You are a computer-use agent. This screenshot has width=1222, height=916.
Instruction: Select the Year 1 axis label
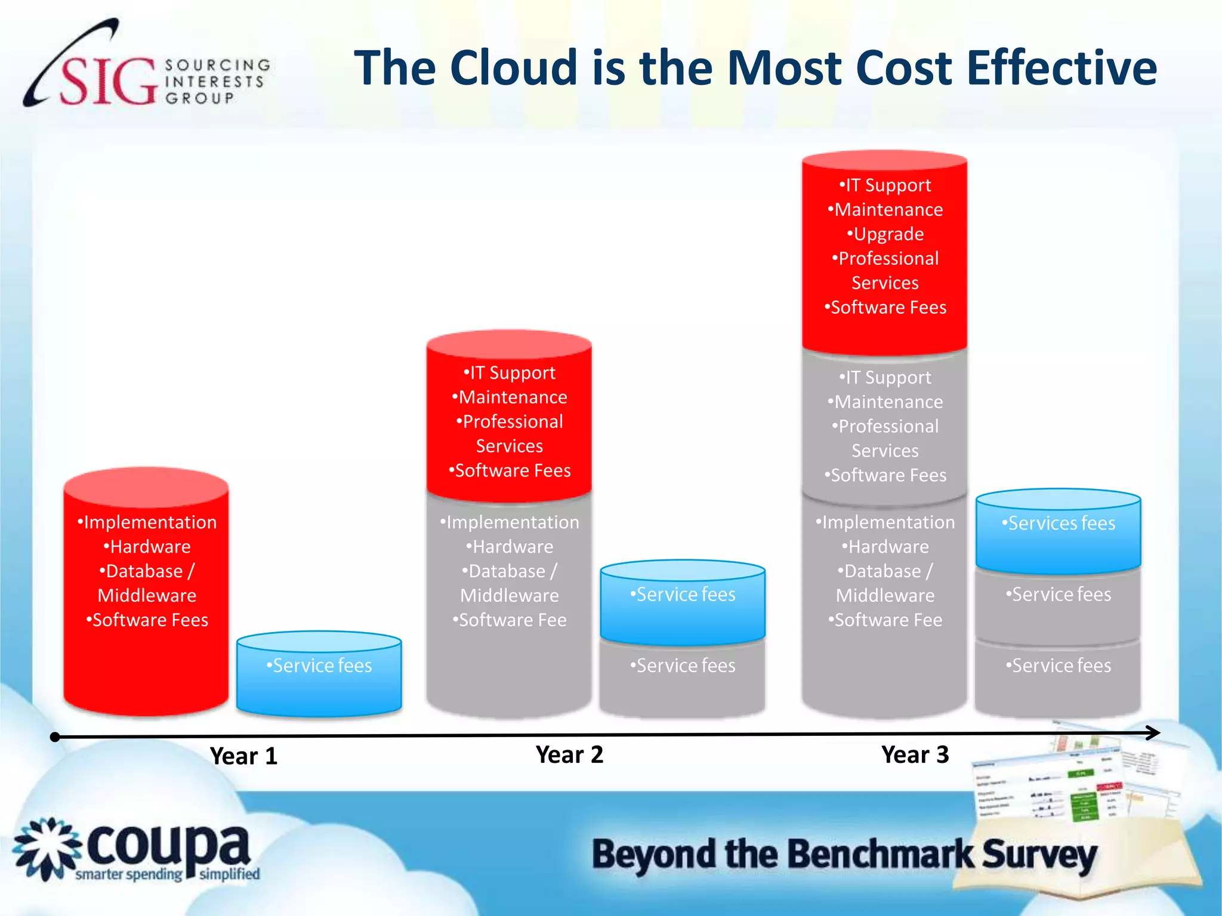243,756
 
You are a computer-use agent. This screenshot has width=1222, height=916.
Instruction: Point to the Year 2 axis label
569,755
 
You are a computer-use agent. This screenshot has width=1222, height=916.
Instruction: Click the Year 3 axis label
915,755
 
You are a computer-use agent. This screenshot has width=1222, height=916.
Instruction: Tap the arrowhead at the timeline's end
1153,733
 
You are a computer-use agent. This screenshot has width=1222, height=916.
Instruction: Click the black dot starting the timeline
55,737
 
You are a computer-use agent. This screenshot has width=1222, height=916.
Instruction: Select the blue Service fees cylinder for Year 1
319,674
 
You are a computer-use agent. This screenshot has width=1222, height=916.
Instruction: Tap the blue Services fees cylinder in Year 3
1058,531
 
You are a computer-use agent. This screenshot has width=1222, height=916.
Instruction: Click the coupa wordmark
168,847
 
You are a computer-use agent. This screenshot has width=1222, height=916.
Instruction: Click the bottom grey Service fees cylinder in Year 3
1058,674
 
